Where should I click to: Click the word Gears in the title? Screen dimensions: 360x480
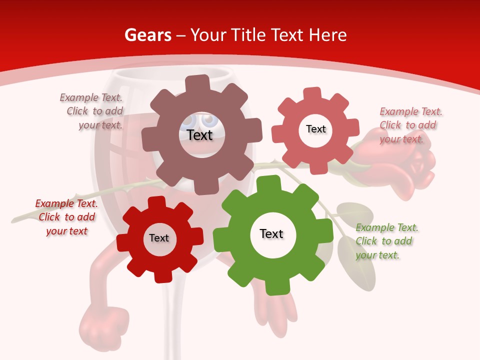point(148,35)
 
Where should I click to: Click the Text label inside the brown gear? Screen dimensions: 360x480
point(200,135)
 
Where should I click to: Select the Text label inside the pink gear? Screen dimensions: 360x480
point(315,129)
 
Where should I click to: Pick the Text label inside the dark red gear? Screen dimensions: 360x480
point(159,238)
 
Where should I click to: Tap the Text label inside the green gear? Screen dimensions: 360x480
point(271,233)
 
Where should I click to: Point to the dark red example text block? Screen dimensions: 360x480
point(66,217)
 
